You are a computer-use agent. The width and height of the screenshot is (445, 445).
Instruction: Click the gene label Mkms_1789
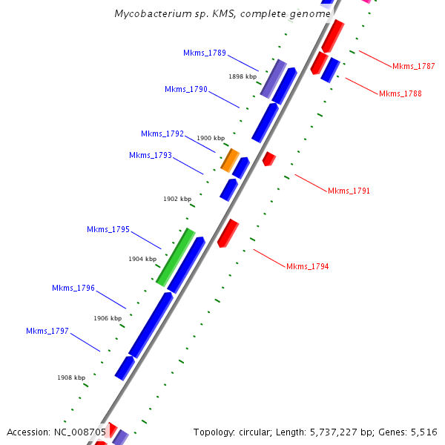coord(205,53)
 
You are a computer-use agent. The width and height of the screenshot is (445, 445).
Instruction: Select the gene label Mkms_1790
coord(186,89)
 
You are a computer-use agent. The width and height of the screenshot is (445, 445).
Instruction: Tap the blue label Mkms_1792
coord(162,133)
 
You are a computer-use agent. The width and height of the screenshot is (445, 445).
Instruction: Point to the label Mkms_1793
coord(151,155)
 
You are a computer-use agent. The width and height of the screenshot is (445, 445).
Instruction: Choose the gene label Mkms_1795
coord(108,229)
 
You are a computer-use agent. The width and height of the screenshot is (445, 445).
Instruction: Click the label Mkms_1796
coord(73,288)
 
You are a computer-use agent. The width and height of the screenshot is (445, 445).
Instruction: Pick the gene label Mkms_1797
coord(47,331)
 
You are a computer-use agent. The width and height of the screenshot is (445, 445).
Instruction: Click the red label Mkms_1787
coord(413,66)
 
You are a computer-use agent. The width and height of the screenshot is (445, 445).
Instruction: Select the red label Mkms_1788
coord(400,93)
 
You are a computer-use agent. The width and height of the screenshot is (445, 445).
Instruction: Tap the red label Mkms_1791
coord(349,191)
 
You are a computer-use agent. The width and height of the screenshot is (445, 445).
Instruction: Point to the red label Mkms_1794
coord(308,266)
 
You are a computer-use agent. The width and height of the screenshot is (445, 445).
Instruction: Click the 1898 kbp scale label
coord(243,76)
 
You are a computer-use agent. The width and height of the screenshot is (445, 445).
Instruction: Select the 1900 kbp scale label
coord(210,138)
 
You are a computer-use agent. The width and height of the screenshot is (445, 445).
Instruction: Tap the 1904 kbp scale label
coord(142,259)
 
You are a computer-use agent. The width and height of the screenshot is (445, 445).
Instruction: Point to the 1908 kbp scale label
coord(71,378)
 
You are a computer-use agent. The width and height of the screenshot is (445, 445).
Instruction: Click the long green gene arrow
coord(176,257)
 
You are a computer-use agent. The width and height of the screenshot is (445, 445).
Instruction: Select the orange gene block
coord(230,159)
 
